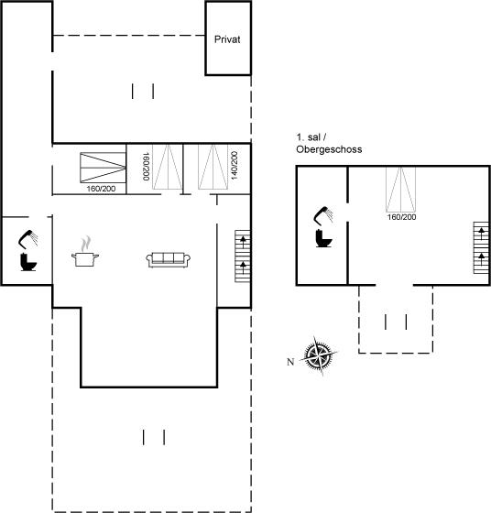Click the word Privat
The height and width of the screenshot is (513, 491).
(x=227, y=39)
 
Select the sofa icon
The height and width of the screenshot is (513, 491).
(x=169, y=260)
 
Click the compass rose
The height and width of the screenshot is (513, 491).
(x=319, y=355)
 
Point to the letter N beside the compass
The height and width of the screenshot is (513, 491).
(x=290, y=362)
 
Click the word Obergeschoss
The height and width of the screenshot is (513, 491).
(x=329, y=149)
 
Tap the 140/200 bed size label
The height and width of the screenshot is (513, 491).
(x=235, y=165)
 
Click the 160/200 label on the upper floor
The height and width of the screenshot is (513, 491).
(x=401, y=217)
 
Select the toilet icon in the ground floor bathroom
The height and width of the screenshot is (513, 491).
(x=28, y=262)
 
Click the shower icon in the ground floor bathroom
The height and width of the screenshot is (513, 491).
(x=27, y=238)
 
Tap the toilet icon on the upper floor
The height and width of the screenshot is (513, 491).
(x=324, y=238)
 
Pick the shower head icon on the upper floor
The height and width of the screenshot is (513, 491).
(x=323, y=214)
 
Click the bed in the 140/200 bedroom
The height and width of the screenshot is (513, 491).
(x=213, y=167)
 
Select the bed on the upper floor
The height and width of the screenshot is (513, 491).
(x=400, y=190)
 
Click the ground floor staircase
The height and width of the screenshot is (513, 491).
(x=243, y=256)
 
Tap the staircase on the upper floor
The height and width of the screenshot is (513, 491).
(x=481, y=247)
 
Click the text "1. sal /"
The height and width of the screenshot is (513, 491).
(x=311, y=137)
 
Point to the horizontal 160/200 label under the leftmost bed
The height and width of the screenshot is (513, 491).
(x=101, y=189)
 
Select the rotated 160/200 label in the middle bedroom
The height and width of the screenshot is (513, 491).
(x=146, y=166)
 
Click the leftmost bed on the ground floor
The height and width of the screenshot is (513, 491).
(x=103, y=168)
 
